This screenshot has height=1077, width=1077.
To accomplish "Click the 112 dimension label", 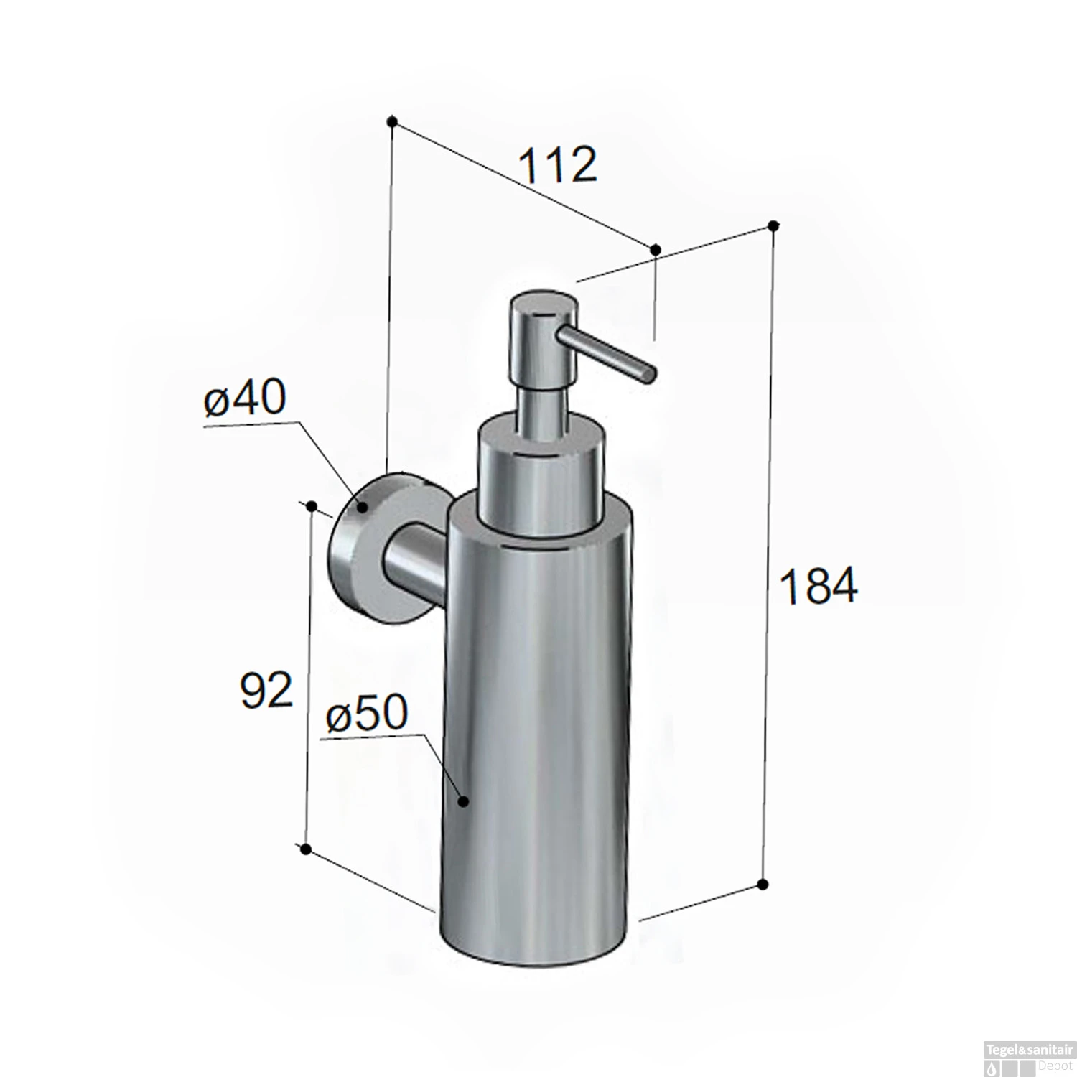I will (557, 165).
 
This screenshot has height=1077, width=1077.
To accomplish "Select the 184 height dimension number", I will (818, 586).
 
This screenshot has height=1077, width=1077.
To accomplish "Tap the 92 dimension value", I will (266, 690).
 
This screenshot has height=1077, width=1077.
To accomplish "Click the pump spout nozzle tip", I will (650, 374).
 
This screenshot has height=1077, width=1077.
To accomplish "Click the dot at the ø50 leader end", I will (464, 801).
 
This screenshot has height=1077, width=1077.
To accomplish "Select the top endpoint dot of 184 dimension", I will (773, 225).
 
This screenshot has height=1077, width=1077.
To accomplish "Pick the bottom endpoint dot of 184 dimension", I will (763, 883).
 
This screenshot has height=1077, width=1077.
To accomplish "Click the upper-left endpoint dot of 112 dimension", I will (392, 121).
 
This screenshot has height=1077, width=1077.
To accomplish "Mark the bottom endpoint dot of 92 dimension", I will (306, 850).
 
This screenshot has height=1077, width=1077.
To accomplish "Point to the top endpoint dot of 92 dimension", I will (312, 507).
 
